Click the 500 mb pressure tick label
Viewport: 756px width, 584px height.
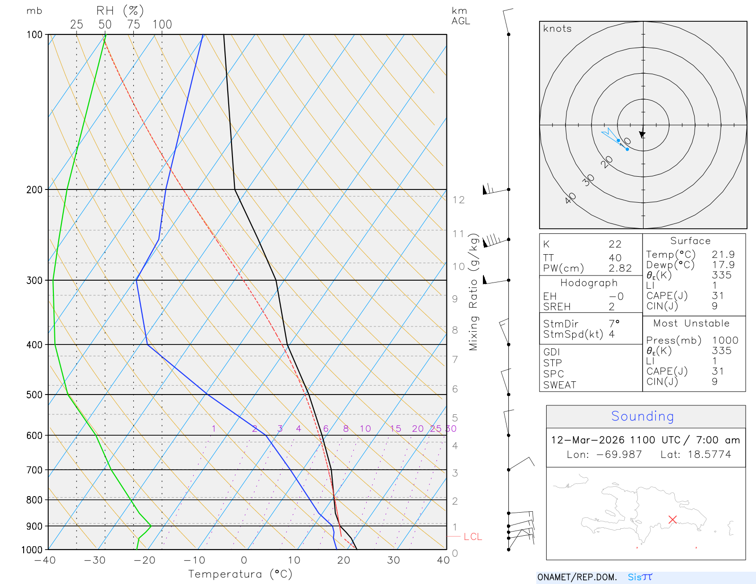pos(34,395)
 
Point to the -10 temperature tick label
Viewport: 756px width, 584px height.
pos(194,560)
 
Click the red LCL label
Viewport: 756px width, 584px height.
pos(472,537)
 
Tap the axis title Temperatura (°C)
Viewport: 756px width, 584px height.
pos(240,574)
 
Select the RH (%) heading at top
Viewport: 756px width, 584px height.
pos(120,11)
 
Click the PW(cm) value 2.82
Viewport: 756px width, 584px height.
pos(620,268)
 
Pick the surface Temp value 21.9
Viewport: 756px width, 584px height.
pos(723,255)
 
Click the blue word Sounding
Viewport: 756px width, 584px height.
pos(642,416)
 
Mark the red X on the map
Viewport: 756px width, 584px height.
pos(673,519)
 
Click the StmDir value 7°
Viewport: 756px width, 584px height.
pos(614,324)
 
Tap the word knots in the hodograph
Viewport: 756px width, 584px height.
pos(557,29)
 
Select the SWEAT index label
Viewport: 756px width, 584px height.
pos(559,385)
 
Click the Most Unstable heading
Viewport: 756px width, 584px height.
pos(691,324)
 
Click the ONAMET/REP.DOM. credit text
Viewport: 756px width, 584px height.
pos(577,577)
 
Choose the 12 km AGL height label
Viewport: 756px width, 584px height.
pos(458,200)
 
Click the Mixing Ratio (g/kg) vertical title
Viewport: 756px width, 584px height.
pos(473,292)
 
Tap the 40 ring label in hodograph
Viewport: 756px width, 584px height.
pos(570,198)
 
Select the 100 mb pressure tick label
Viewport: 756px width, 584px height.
pos(34,34)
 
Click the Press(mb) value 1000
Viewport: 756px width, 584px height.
pos(725,341)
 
